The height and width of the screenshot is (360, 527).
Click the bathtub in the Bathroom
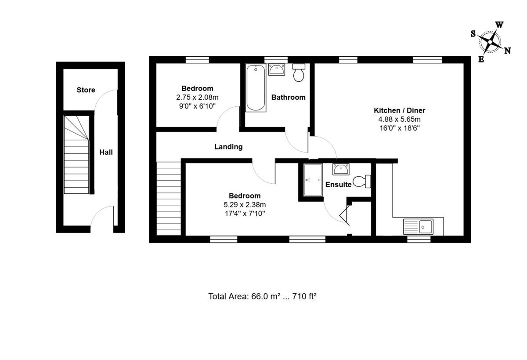tap(256, 87)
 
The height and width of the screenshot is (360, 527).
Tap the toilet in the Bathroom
tap(299, 73)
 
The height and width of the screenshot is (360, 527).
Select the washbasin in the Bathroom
tap(276, 69)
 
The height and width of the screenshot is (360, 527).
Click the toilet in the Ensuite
tap(362, 181)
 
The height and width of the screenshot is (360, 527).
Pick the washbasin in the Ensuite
tap(341, 169)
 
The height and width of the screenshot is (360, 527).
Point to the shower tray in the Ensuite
tap(313, 180)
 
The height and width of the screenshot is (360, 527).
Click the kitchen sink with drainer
tap(418, 227)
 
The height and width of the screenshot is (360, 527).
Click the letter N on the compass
tap(508, 51)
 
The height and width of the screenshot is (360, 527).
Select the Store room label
tap(86, 90)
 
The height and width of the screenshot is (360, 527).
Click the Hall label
tap(106, 153)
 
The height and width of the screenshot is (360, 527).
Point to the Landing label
tap(228, 147)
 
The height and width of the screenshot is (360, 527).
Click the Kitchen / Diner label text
tap(400, 110)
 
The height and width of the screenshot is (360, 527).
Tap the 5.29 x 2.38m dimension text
tap(245, 204)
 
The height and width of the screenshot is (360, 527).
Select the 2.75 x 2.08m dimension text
tap(197, 97)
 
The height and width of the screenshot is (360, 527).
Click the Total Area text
tap(262, 296)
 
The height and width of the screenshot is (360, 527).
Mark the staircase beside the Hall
tap(76, 155)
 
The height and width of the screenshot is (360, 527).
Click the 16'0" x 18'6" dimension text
tap(400, 128)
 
